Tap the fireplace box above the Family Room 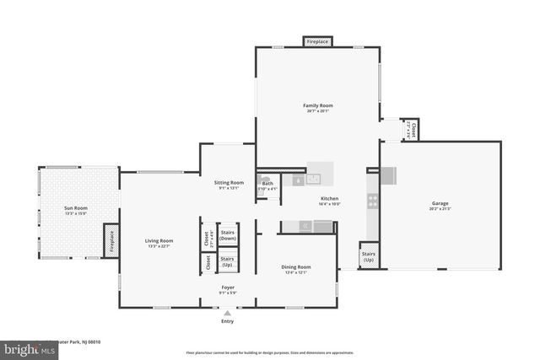tap(317, 41)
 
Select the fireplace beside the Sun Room tap(111, 239)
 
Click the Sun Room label tap(76, 207)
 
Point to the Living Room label tap(159, 241)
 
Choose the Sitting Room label tap(229, 182)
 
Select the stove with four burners tap(372, 201)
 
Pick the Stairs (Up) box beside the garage tap(368, 256)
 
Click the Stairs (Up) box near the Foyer tap(227, 261)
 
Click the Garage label tap(440, 203)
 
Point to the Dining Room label tap(296, 267)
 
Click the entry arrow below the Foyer tap(227, 313)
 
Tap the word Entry tap(227, 321)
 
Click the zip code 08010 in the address tap(94, 341)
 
